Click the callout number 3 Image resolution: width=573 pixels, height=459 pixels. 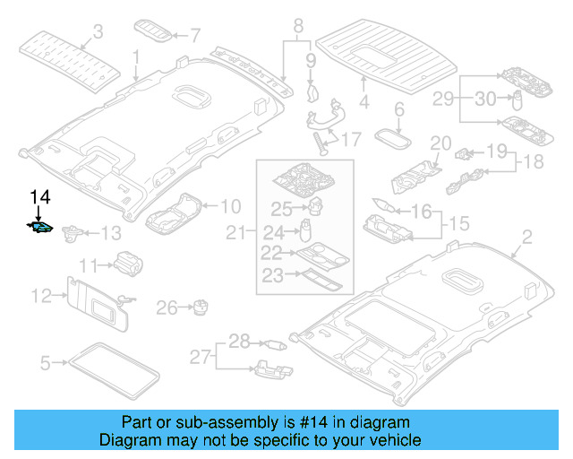coord(98,31)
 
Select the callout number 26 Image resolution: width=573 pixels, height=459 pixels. coord(167,309)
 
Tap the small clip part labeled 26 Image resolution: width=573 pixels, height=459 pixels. coord(198,307)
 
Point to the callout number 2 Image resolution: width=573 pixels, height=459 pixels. coord(526,237)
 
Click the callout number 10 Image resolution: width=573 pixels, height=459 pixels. coord(230,205)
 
